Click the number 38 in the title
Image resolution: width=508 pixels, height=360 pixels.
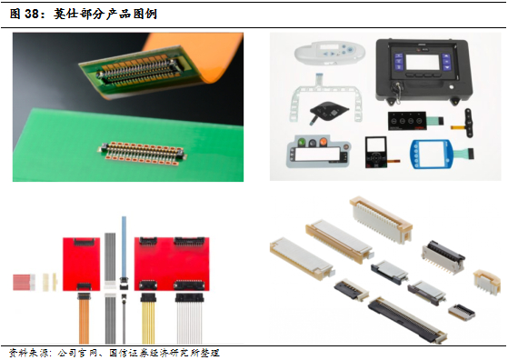32,14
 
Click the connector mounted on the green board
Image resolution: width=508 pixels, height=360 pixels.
143,154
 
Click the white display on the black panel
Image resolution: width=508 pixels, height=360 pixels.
423,62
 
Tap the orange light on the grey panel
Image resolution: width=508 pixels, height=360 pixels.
323,142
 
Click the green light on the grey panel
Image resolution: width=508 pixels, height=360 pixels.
302,142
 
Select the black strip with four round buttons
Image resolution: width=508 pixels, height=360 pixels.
407,121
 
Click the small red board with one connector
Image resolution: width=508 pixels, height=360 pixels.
81,264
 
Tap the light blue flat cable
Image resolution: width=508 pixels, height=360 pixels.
124,246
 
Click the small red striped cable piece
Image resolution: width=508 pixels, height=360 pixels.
24,282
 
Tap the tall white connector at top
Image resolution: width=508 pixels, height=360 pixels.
381,219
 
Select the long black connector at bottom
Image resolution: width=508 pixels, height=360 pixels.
408,319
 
